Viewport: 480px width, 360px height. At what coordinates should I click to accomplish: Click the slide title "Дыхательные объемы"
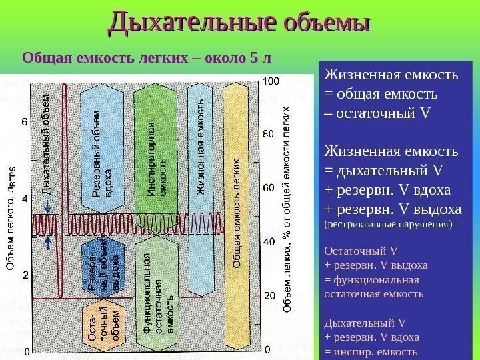click(239, 21)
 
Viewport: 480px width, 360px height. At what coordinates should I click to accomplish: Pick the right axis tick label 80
click(268, 134)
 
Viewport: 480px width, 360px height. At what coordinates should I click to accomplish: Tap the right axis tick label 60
click(268, 188)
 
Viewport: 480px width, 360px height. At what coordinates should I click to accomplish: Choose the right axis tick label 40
click(268, 241)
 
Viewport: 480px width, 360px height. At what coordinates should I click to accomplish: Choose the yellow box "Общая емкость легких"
click(237, 213)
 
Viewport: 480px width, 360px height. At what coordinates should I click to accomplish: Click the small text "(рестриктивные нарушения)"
click(387, 225)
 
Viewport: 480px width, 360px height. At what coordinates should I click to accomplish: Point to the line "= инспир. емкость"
click(371, 352)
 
